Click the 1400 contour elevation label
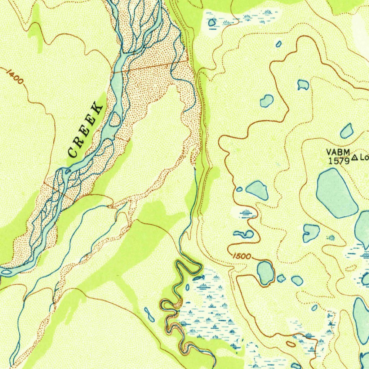point(15,77)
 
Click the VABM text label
point(338,152)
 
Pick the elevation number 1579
point(339,160)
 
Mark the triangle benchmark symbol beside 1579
point(355,157)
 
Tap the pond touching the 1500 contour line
point(265,272)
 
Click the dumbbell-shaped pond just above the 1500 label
point(244,234)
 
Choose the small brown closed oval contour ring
point(291,344)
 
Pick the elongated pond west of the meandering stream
point(149,315)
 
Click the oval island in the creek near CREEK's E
point(115,119)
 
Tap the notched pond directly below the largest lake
point(311,233)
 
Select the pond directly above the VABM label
point(347,131)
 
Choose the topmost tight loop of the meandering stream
point(187,267)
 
